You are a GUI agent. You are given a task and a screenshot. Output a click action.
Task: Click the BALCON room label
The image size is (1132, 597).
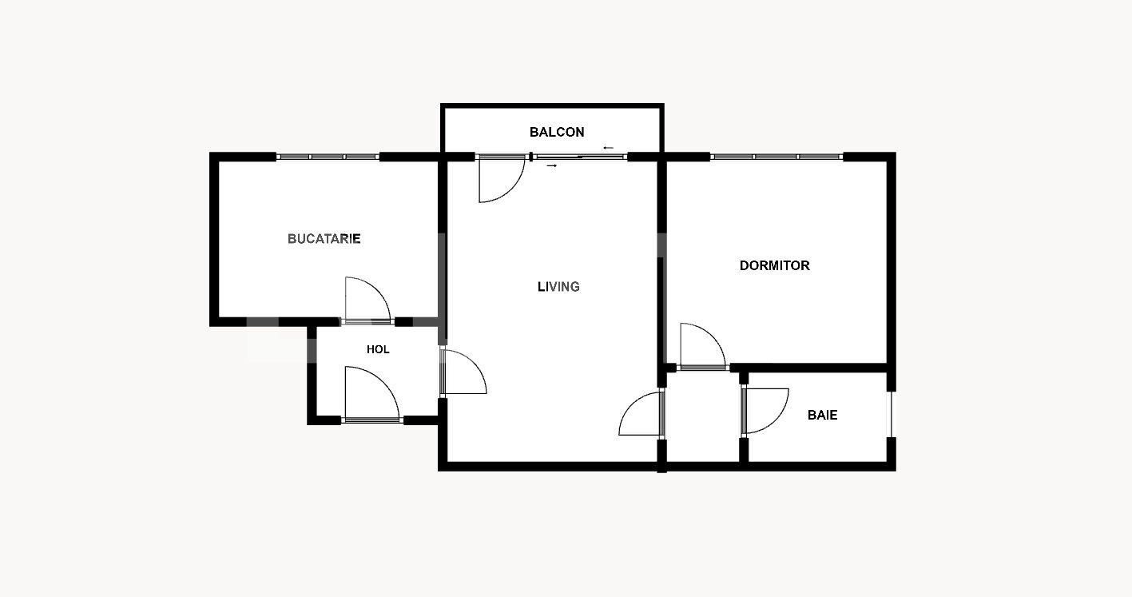click(557, 133)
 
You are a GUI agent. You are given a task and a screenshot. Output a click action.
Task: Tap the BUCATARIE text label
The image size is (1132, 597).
click(324, 239)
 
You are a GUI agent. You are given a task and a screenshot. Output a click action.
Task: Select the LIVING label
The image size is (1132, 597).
click(558, 287)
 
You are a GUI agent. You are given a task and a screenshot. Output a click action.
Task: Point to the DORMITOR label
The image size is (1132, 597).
click(774, 266)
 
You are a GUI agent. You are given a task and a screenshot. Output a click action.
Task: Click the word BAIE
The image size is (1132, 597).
click(822, 416)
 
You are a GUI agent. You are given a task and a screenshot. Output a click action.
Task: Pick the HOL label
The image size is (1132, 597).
click(378, 350)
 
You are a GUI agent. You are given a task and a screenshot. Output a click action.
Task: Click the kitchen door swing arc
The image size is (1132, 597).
click(367, 299)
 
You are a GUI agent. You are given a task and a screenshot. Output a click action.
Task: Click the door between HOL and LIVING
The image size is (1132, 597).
click(463, 372)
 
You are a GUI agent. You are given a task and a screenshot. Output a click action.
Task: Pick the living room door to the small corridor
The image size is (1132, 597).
click(641, 413)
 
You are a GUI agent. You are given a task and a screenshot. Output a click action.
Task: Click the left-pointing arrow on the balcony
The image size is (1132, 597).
click(609, 148)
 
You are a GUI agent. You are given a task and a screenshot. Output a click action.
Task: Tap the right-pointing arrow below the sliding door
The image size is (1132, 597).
click(551, 165)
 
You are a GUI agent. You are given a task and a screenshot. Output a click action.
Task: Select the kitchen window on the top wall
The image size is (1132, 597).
click(328, 157)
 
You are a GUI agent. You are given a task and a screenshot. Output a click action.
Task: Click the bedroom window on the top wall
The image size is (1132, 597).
click(777, 157)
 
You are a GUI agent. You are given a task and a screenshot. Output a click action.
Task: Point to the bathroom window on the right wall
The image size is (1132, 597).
click(891, 414)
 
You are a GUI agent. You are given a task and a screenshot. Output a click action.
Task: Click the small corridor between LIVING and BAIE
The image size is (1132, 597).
click(702, 416)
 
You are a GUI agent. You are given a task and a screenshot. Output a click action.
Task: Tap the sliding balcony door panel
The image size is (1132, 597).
click(579, 157)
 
